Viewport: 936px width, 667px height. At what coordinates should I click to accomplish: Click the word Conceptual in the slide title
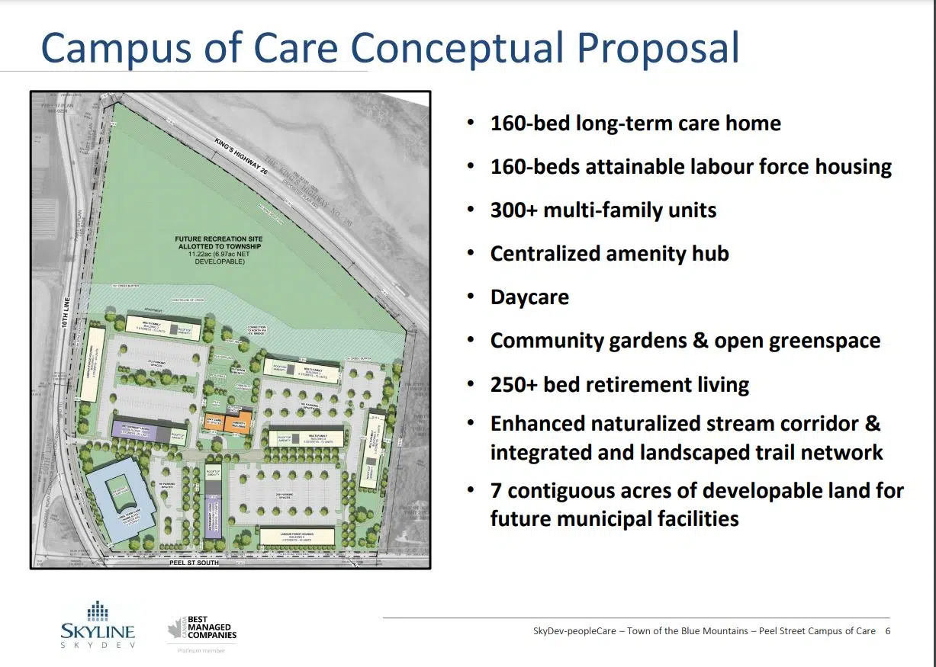point(458,46)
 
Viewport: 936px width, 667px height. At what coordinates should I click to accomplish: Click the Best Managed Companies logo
point(202,630)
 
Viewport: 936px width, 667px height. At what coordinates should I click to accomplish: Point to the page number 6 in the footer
point(887,631)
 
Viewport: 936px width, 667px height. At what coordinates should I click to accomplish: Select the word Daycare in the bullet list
point(529,297)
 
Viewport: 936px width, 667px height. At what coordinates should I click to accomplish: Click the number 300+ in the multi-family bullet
point(513,210)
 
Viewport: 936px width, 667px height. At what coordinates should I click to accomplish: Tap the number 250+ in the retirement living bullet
point(513,385)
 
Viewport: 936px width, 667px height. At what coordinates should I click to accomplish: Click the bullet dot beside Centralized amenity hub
point(472,254)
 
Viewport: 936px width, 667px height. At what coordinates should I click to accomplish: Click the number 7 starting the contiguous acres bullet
point(497,490)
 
